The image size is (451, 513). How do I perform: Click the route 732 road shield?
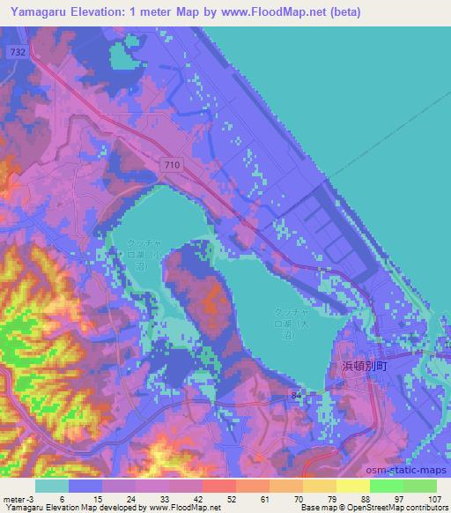(x=18, y=53)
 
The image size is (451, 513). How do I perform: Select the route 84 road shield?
(x=294, y=398)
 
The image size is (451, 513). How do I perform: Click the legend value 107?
(x=436, y=499)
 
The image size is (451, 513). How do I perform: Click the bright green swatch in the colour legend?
(x=387, y=486)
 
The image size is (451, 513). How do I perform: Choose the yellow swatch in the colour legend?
(x=352, y=486)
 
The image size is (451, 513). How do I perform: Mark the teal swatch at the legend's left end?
(x=52, y=486)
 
